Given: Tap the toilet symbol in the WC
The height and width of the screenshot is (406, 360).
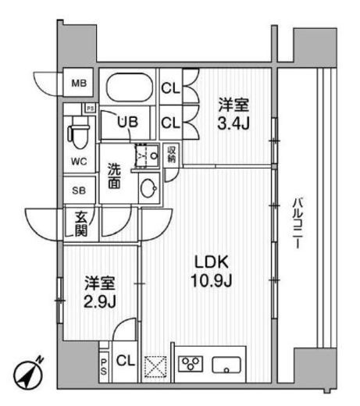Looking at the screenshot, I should (78, 132).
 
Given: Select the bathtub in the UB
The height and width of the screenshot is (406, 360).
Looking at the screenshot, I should (129, 85).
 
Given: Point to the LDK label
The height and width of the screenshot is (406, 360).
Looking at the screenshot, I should (209, 262).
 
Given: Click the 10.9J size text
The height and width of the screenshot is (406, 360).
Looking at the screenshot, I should (209, 280).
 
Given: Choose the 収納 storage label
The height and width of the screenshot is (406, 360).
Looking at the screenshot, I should (172, 153).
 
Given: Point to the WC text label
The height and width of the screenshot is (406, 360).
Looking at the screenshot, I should (79, 162).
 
